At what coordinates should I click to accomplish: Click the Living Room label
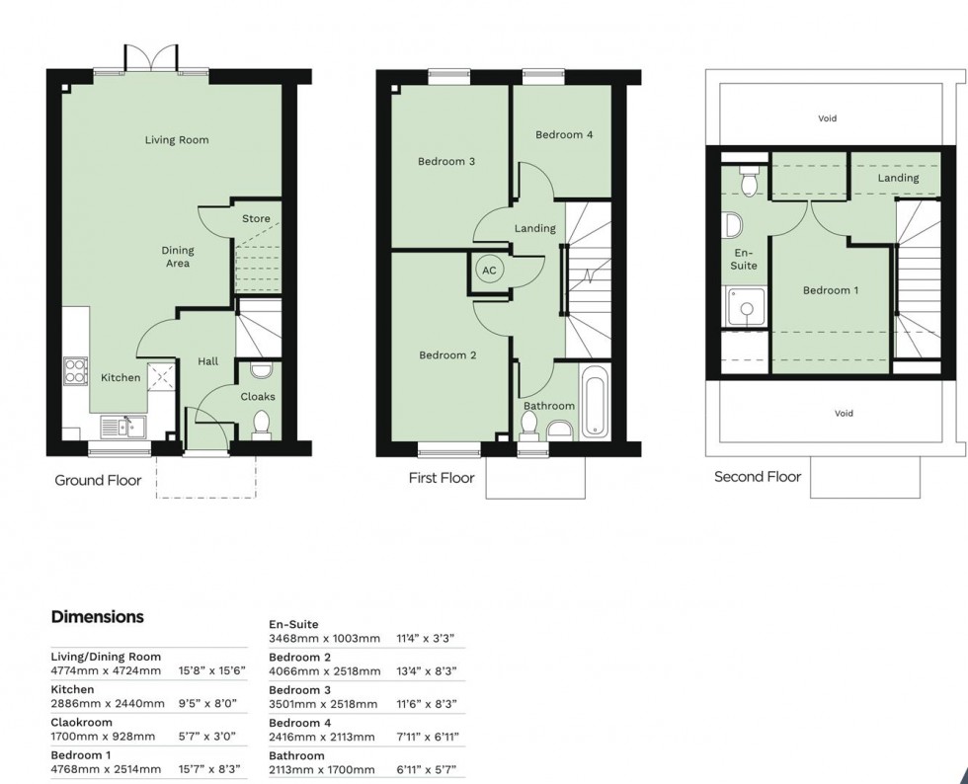click(x=177, y=140)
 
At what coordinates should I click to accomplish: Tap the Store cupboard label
click(x=256, y=219)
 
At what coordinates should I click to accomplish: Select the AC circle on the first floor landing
click(x=489, y=270)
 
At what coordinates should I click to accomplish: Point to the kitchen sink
click(x=122, y=427)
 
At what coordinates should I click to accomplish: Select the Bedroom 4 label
click(x=564, y=135)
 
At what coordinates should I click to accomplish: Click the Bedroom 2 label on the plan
click(x=447, y=355)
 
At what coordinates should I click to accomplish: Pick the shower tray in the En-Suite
click(x=743, y=305)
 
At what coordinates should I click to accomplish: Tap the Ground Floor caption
click(x=98, y=481)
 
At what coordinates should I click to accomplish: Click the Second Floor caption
click(x=758, y=477)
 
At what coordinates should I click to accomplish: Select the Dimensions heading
click(x=98, y=617)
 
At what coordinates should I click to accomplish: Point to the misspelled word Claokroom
click(x=82, y=723)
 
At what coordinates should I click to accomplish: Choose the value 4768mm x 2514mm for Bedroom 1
click(x=106, y=769)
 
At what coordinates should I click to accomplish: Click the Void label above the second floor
click(x=827, y=118)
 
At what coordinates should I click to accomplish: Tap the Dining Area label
click(x=178, y=257)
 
